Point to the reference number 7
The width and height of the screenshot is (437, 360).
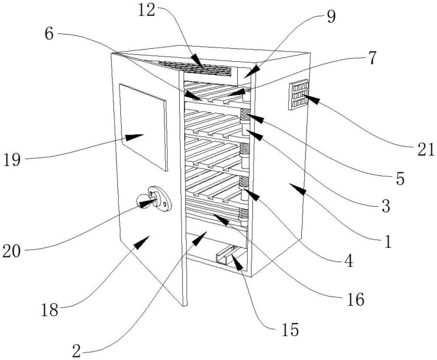coord(371,58)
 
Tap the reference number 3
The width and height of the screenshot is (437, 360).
coord(385,206)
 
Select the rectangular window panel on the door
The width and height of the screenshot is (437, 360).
coord(143,127)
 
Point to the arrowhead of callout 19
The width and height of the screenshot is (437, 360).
coord(137,137)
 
